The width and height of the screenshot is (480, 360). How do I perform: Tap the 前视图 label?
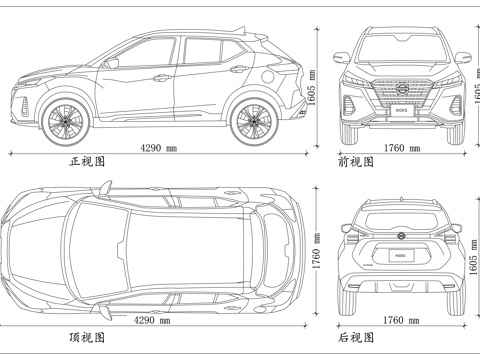click(x=356, y=161)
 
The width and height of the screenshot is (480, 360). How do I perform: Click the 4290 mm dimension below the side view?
click(x=158, y=148)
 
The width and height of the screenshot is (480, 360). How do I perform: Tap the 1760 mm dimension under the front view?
click(x=401, y=148)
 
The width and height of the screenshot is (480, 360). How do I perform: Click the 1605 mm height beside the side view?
click(x=312, y=90)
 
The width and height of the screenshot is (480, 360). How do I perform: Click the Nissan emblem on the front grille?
click(x=401, y=89)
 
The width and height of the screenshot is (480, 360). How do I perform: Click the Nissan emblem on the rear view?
click(x=401, y=236)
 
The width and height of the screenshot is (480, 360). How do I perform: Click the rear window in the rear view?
click(x=401, y=215)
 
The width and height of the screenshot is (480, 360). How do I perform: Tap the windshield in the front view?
click(x=401, y=48)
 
